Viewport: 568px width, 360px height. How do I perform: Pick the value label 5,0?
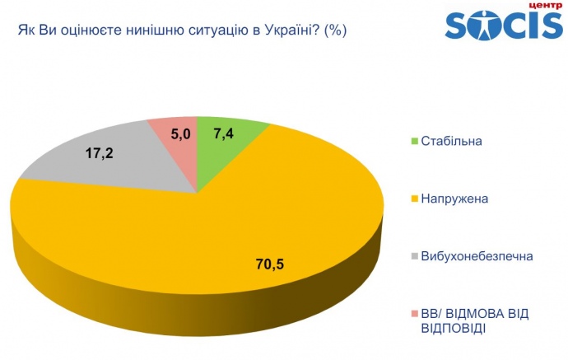181,133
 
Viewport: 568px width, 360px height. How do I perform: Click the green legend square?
413,140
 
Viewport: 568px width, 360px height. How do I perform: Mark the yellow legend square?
413,198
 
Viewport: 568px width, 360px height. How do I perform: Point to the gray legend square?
413,256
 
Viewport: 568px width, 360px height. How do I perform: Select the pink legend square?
413,314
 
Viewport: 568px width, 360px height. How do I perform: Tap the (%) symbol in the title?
335,32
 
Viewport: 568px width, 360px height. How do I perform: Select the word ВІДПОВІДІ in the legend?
453,328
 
